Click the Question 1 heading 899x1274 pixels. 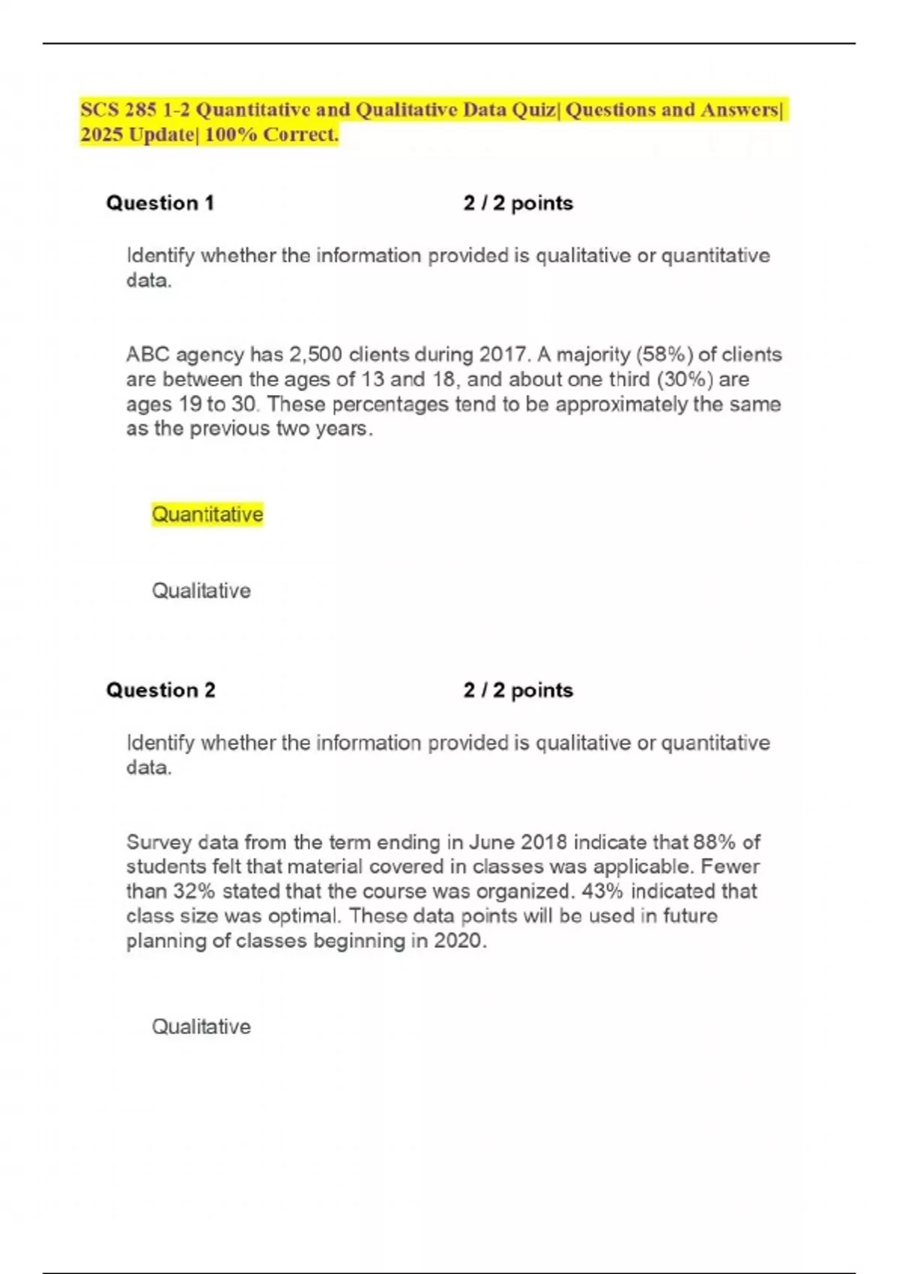pos(160,203)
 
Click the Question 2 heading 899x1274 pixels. pos(160,690)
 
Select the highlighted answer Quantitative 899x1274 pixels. pos(208,515)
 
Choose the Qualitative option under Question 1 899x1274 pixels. pos(201,591)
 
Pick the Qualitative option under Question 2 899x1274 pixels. pos(201,1027)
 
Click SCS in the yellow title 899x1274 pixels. pos(100,110)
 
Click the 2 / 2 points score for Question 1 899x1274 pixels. pos(518,203)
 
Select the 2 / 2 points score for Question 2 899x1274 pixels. pos(518,690)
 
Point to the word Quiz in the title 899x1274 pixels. pos(533,110)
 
